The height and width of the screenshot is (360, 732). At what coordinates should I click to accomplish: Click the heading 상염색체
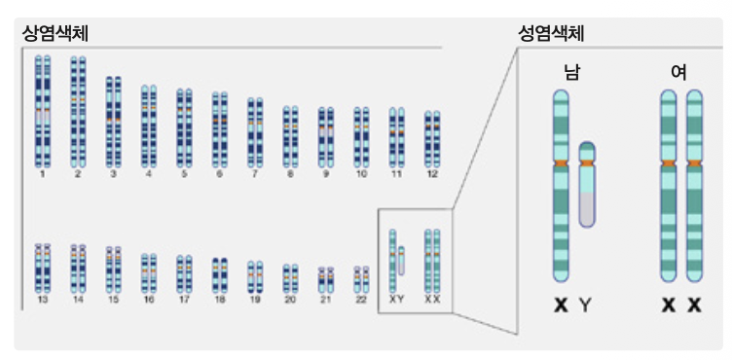click(55, 34)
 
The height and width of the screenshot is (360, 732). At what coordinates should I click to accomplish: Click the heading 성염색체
click(551, 34)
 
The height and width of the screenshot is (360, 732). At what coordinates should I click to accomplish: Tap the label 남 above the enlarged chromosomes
click(572, 72)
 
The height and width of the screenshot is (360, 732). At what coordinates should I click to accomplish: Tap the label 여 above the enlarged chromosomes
click(678, 72)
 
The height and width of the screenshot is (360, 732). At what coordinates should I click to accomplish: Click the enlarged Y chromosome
click(587, 185)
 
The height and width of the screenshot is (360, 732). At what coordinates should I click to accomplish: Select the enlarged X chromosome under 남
click(561, 186)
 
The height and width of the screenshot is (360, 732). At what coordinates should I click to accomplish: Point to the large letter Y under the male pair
click(586, 306)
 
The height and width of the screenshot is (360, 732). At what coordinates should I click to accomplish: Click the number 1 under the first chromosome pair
click(43, 174)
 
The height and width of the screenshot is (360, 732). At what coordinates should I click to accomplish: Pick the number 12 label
click(432, 174)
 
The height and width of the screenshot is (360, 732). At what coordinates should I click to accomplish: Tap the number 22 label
click(361, 300)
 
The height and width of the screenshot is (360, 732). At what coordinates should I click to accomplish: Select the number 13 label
click(43, 300)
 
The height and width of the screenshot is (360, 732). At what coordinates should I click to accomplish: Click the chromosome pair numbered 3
click(113, 122)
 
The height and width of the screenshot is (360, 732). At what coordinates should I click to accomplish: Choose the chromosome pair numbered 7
click(255, 132)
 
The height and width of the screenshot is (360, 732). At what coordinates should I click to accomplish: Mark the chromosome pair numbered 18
click(219, 275)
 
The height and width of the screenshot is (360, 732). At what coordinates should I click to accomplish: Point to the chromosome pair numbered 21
click(326, 280)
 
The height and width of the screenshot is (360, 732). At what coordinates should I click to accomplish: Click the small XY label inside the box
click(396, 300)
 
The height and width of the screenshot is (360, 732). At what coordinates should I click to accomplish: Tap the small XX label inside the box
click(432, 300)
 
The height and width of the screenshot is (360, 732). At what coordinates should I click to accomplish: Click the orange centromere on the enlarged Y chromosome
click(587, 162)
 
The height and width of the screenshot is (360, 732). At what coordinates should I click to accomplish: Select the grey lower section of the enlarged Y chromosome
click(587, 209)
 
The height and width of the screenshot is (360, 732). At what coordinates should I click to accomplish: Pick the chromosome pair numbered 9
click(326, 137)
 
